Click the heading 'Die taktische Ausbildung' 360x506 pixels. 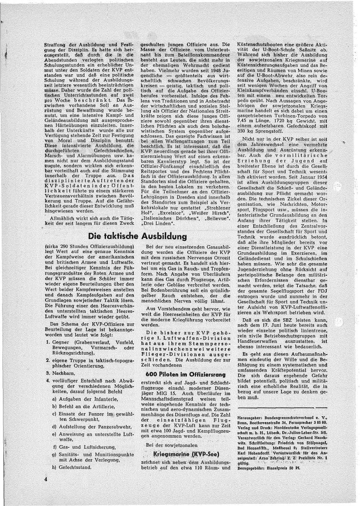(x=140, y=235)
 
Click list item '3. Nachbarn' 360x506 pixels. (x=59, y=373)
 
